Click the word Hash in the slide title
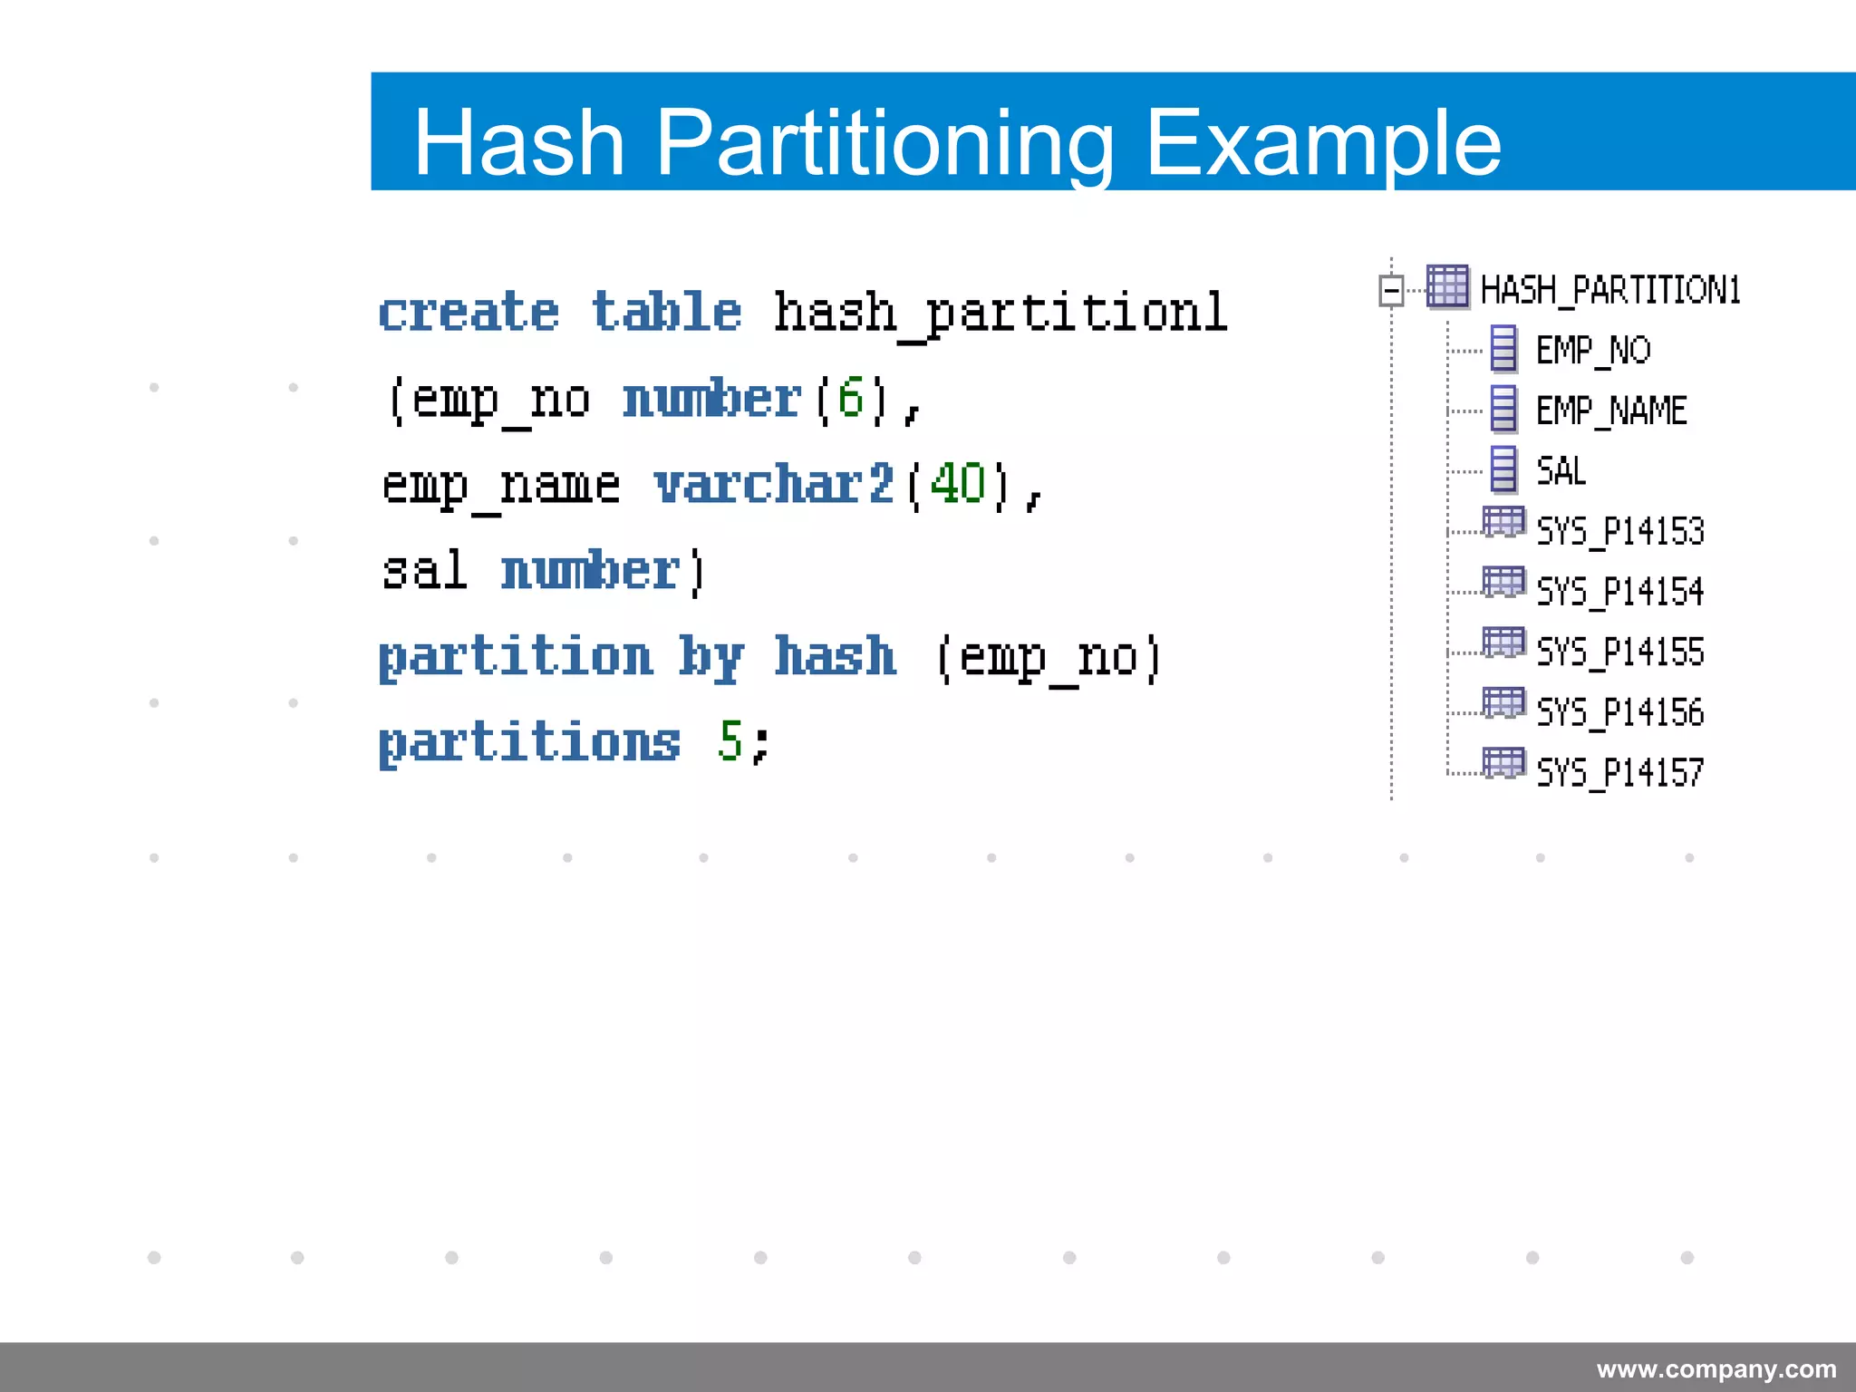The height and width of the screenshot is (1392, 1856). pos(519,142)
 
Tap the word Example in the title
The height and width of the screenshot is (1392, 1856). pos(1322,142)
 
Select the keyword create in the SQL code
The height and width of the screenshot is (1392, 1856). pos(469,313)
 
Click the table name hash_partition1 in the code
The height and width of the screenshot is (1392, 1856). pos(1000,313)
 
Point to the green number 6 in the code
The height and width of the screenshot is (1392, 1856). pos(850,398)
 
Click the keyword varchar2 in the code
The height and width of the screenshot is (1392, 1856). pos(774,484)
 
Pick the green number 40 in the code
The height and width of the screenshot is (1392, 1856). pos(957,484)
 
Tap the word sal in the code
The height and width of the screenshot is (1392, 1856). pos(424,571)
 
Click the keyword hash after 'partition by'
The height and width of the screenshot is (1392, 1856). pos(835,656)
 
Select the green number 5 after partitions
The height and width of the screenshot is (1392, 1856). pos(730,741)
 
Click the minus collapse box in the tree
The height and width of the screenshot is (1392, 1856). pos(1391,291)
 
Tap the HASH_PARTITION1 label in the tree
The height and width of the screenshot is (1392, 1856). pos(1609,291)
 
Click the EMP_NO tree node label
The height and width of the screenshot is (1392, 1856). pos(1593,351)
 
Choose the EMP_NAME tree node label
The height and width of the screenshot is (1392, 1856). pos(1611,411)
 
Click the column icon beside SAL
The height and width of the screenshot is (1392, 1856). pos(1503,470)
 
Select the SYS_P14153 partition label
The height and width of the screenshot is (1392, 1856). pos(1620,531)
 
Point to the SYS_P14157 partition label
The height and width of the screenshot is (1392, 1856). pos(1620,773)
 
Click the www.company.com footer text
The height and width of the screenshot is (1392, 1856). pos(1716,1368)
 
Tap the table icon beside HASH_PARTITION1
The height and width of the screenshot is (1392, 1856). pos(1447,287)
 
